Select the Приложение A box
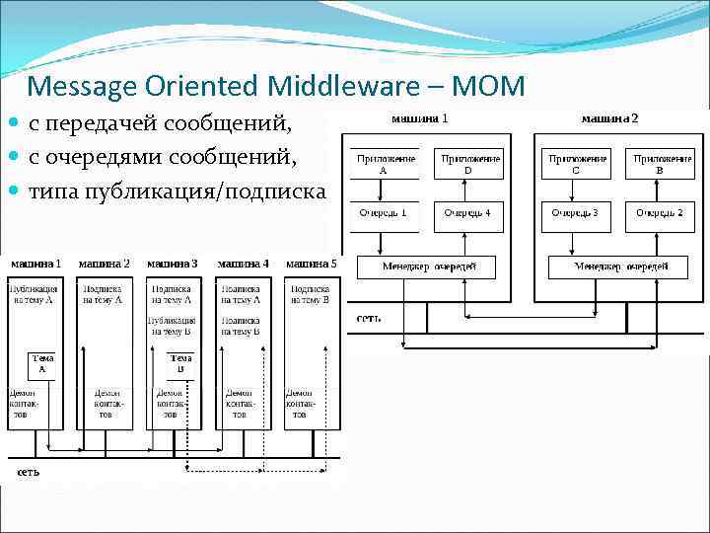tap(384, 164)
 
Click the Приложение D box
tap(469, 164)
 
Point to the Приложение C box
tap(577, 164)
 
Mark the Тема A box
tap(42, 364)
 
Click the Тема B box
tap(180, 364)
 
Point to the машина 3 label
tap(172, 264)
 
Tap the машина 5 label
tap(312, 264)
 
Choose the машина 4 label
tap(243, 264)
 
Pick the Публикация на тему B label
tap(172, 327)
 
